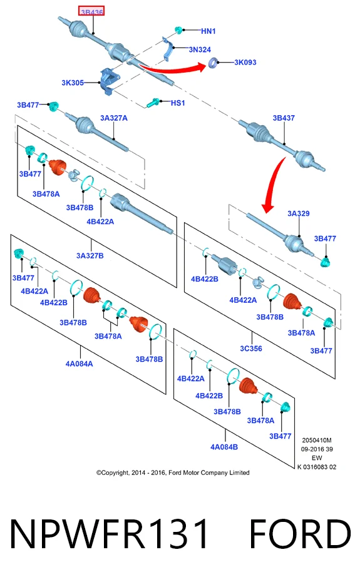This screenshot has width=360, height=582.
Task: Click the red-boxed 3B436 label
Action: (x=91, y=11)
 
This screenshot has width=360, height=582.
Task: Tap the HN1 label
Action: (x=208, y=31)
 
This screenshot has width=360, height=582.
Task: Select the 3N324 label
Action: (x=200, y=49)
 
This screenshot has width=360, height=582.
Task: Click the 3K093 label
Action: (x=245, y=63)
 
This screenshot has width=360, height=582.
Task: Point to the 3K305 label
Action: (x=73, y=83)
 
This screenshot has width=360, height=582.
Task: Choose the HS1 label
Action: (x=178, y=103)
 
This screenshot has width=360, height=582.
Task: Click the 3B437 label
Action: (x=284, y=118)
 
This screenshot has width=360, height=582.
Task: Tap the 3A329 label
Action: (x=298, y=213)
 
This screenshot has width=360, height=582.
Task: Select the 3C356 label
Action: (x=251, y=349)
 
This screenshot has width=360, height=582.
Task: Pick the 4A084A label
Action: (x=79, y=364)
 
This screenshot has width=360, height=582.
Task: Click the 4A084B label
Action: (x=224, y=447)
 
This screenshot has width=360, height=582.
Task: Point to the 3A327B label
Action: (x=90, y=256)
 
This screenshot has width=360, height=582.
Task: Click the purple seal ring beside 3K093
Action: (x=212, y=63)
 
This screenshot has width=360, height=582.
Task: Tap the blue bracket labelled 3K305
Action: (x=109, y=81)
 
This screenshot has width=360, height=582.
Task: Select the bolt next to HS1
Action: (x=153, y=103)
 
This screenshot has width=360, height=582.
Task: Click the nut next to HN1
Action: (x=179, y=29)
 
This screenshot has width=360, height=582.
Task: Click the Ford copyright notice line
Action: (x=173, y=472)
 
